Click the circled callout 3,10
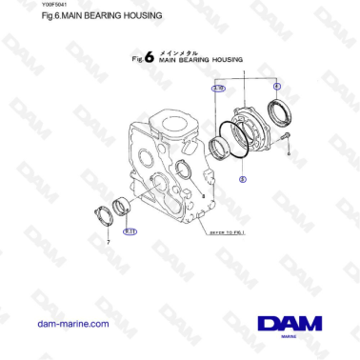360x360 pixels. point(218,87)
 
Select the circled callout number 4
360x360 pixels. point(276,87)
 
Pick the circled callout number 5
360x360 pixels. point(242,177)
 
